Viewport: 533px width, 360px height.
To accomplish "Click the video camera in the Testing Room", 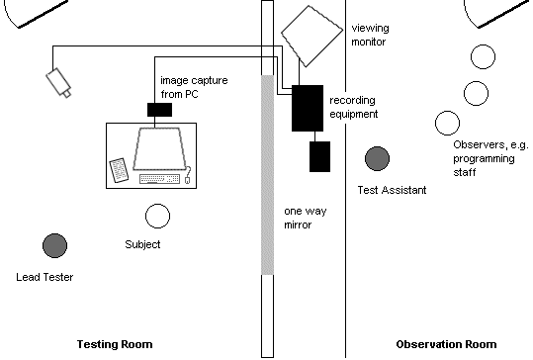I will pos(59,81).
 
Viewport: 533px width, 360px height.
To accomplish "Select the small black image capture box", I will pos(158,110).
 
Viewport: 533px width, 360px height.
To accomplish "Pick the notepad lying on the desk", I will pos(118,170).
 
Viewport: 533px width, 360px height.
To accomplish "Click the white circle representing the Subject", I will pos(157,216).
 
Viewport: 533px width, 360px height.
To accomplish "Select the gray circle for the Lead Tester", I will pos(54,245).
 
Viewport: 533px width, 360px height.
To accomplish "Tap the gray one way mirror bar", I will pos(265,173).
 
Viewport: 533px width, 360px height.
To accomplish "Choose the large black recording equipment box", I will pos(309,109).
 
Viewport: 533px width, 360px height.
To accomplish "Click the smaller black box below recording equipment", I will pos(319,155).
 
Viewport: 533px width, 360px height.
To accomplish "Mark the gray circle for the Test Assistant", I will pos(377,158).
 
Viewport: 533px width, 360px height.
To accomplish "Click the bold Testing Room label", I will pos(115,344).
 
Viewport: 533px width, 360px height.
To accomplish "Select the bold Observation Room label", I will pos(445,344).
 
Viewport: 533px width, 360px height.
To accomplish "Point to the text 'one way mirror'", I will pos(305,219).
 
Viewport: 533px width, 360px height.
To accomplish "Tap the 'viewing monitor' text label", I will pos(374,37).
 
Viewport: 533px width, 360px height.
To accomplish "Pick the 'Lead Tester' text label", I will pos(45,278).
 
